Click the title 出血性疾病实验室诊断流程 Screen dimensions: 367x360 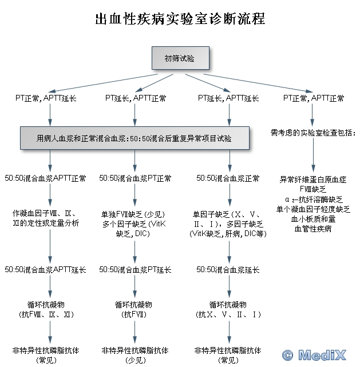tap(180, 19)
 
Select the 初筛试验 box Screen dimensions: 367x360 tap(180, 58)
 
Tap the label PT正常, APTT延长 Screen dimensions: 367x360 tap(46, 98)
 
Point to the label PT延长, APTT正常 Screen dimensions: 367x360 tap(136, 98)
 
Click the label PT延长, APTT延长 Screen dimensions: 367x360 tap(228, 98)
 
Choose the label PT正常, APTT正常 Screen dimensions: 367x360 tap(314, 98)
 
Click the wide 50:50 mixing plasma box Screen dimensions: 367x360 tap(134, 138)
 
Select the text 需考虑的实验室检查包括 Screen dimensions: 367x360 tap(314, 133)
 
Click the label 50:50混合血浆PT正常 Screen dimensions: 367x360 tap(136, 178)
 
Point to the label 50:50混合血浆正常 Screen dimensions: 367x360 tap(228, 178)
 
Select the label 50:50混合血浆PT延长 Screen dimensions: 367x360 tap(136, 269)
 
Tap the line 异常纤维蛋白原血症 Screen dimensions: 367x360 tap(313, 179)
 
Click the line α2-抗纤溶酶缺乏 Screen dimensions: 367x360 tap(313, 199)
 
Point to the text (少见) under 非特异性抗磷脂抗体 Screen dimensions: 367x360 tap(134, 360)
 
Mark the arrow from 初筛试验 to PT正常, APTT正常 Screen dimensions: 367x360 tap(258, 82)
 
